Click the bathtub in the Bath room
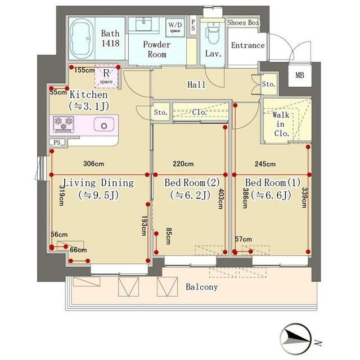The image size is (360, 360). click(x=82, y=38)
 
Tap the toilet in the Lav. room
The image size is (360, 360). click(x=213, y=33)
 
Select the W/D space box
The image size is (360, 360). click(x=175, y=28)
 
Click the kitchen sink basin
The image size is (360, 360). click(x=104, y=124)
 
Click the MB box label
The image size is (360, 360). click(x=300, y=75)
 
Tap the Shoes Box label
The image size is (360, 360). click(x=243, y=22)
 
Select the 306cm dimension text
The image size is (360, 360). click(x=94, y=164)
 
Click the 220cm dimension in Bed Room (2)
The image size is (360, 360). click(x=183, y=164)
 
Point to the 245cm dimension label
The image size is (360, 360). click(x=265, y=164)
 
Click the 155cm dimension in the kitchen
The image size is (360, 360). click(x=84, y=70)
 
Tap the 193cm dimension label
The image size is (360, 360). click(x=144, y=226)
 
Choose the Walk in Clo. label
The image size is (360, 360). click(x=281, y=124)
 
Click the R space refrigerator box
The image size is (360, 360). click(x=106, y=76)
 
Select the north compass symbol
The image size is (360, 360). click(x=296, y=339)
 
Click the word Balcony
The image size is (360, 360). click(x=201, y=287)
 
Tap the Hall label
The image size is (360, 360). click(x=196, y=84)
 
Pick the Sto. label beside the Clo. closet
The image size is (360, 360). click(x=160, y=112)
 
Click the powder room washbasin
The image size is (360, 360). click(x=143, y=24)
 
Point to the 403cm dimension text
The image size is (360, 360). click(x=221, y=199)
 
